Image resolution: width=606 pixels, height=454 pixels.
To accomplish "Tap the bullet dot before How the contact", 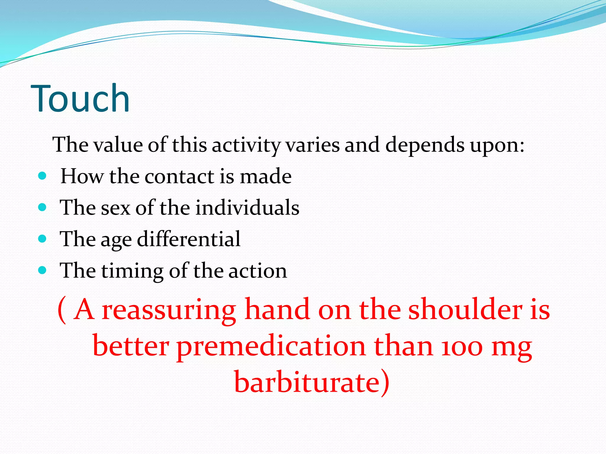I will pos(43,176).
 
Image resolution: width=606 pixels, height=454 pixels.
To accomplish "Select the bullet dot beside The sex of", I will pos(43,207).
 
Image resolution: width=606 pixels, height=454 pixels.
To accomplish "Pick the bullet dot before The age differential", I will pos(43,239).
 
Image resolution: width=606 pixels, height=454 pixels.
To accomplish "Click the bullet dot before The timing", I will pos(43,270).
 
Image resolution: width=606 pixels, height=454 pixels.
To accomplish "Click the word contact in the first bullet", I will pos(179,176).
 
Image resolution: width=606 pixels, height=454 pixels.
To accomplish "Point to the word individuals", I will pos(247,207).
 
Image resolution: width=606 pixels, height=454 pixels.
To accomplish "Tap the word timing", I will pos(132,271).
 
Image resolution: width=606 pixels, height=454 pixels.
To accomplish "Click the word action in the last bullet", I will pos(257,271).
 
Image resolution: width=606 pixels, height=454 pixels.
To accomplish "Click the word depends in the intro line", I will pos(425,145).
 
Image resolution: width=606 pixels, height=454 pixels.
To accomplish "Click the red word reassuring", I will pos(169,310).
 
